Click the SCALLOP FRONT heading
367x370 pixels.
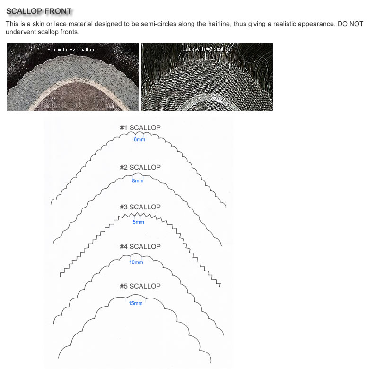coord(39,11)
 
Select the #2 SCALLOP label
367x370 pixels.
coord(140,167)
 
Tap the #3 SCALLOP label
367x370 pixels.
coord(140,207)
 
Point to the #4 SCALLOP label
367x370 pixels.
coord(140,246)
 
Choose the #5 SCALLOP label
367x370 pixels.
coord(140,286)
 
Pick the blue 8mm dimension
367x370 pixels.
coord(138,180)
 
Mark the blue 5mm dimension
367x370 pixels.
coord(138,222)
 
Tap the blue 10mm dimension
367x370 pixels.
coord(136,262)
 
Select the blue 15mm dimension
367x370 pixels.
coord(135,303)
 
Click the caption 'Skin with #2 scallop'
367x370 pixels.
coord(70,50)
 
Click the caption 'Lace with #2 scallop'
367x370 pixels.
coord(207,49)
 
